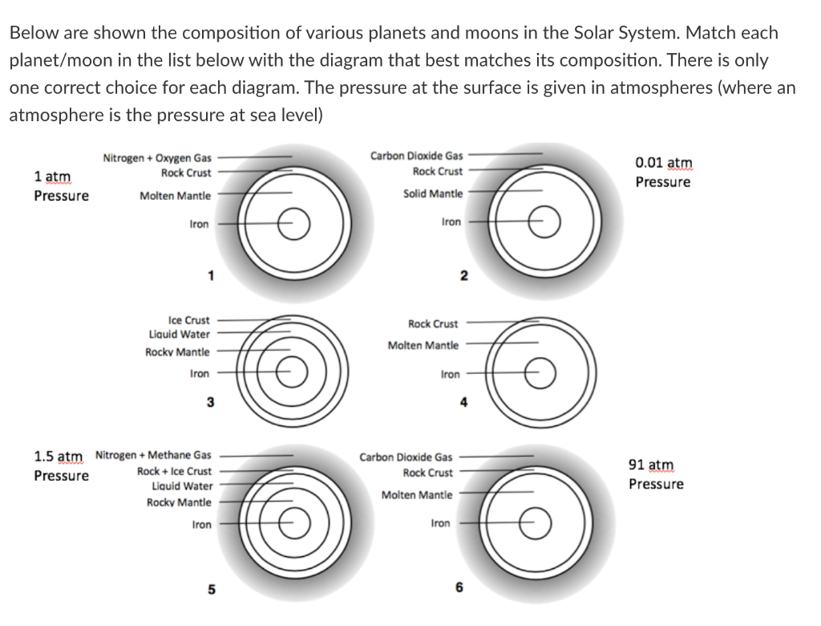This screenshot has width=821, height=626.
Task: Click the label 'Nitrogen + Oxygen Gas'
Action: pos(157,158)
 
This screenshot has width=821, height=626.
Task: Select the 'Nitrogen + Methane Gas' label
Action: pos(153,455)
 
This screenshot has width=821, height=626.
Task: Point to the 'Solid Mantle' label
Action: pos(433,193)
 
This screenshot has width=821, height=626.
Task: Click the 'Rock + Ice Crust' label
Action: pos(175,471)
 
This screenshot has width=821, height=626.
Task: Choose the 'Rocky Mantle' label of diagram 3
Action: pos(177,352)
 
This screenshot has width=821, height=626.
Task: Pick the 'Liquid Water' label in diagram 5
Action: pos(182,486)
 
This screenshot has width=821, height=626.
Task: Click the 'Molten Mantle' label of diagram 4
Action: pos(423,346)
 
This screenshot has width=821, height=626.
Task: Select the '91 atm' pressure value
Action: pos(651,465)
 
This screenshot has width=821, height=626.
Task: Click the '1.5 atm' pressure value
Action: pos(59,456)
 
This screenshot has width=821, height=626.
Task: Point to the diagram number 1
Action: pos(211,277)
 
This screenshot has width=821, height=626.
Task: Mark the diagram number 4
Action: pos(463,403)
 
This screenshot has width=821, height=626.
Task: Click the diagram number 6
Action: pos(459,587)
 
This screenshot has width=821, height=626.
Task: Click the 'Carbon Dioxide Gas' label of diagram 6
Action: pos(406,457)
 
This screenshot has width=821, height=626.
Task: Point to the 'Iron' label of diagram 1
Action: pos(199,225)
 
